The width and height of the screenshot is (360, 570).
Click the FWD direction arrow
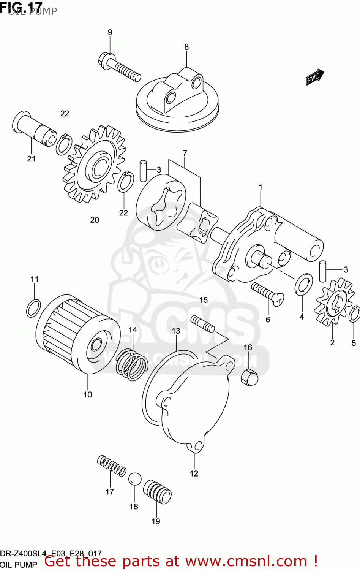[x=315, y=77]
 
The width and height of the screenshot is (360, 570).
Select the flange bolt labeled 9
[x=119, y=68]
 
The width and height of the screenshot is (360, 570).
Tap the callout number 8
[x=186, y=47]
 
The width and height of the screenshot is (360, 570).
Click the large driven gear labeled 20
[x=95, y=164]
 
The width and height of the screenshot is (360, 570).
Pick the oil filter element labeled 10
[x=78, y=334]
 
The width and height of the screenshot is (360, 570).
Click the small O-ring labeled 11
[x=33, y=308]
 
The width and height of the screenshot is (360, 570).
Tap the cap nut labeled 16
[x=249, y=377]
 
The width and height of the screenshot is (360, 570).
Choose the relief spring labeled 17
[x=111, y=466]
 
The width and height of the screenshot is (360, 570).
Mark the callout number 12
[x=194, y=473]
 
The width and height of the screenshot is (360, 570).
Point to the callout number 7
[x=185, y=153]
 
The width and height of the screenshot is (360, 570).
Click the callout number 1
[x=261, y=187]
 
